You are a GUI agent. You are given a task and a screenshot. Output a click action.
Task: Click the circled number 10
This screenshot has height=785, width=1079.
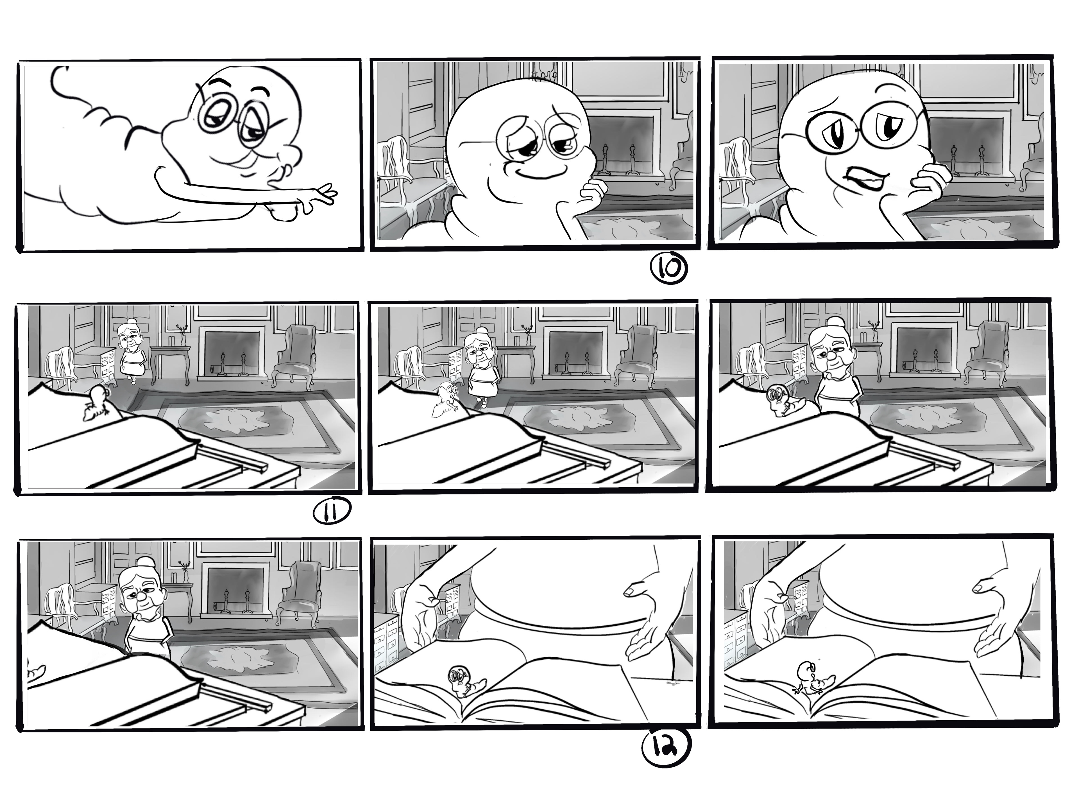(x=668, y=268)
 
